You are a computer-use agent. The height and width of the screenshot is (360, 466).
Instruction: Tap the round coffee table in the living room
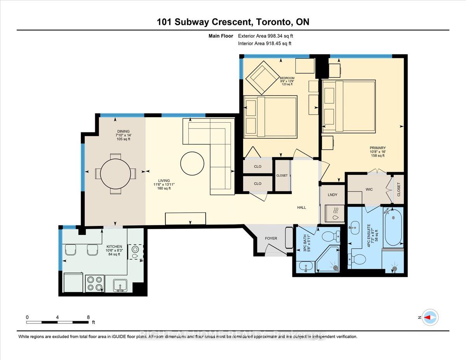click(x=192, y=163)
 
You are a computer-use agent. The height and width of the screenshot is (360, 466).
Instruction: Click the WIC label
click(x=369, y=189)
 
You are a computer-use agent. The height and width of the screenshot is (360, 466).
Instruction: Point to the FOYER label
click(x=271, y=238)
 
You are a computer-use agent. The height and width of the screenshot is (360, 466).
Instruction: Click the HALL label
click(x=301, y=207)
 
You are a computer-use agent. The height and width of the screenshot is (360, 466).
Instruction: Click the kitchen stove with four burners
click(x=94, y=283)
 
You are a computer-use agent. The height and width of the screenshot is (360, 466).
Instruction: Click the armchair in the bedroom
click(x=261, y=77)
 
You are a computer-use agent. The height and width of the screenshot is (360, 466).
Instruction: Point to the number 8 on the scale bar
click(x=89, y=317)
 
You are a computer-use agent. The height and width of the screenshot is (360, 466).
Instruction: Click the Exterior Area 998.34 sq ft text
click(x=268, y=36)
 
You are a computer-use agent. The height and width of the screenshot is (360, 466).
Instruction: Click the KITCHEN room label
click(x=115, y=247)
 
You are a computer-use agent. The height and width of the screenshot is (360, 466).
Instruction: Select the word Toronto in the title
click(x=273, y=22)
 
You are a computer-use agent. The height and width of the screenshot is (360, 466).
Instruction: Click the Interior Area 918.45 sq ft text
click(x=264, y=43)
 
